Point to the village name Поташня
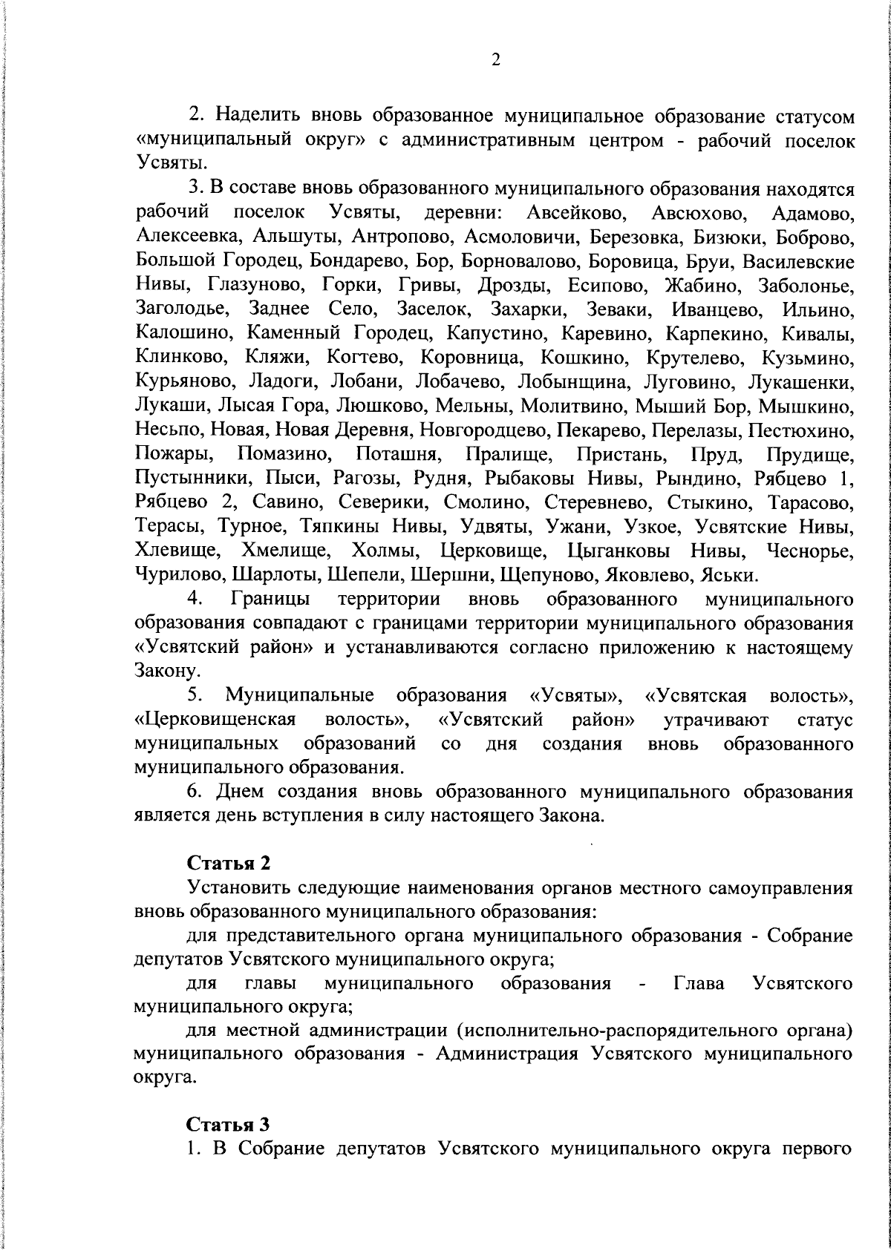399,454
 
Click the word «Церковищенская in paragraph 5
215,720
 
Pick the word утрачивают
716,720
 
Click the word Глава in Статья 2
699,984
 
